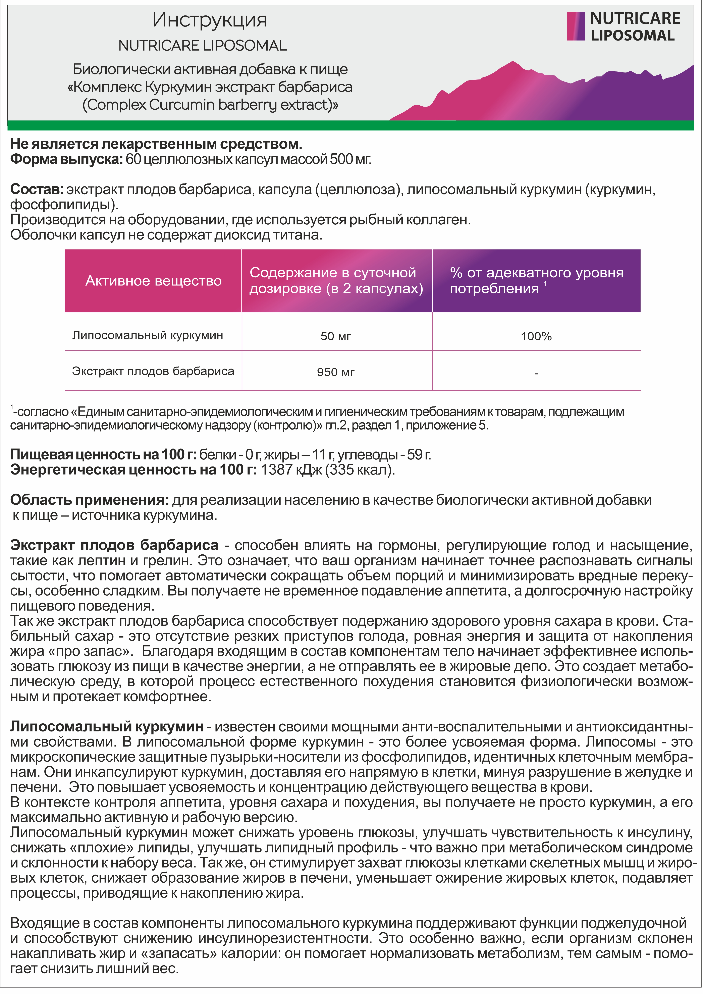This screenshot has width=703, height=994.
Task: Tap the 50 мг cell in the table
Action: [336, 336]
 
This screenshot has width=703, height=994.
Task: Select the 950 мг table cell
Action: [336, 372]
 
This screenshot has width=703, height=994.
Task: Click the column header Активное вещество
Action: [153, 281]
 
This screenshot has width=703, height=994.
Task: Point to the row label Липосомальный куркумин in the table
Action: [148, 336]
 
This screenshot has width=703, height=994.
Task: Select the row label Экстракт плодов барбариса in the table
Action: [153, 372]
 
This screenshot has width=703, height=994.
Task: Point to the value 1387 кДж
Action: [291, 470]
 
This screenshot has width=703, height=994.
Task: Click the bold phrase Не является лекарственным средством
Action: [156, 144]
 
